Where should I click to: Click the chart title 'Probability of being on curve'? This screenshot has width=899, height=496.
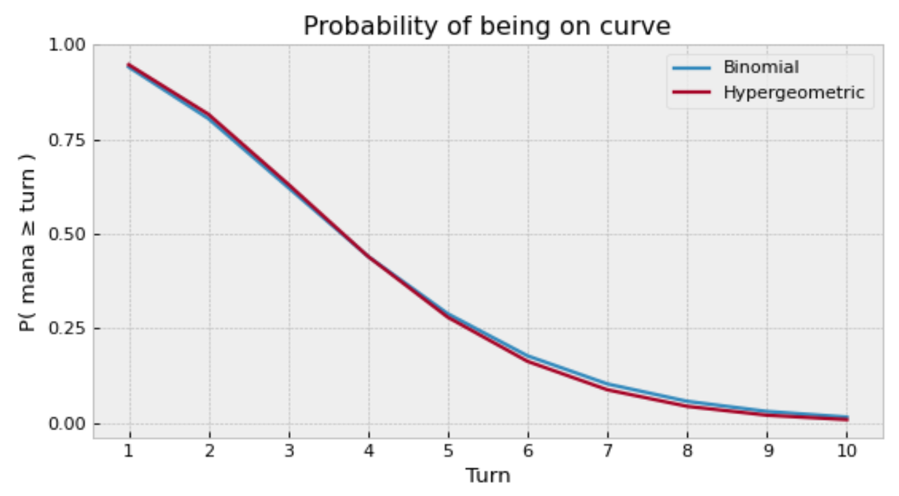[x=487, y=26]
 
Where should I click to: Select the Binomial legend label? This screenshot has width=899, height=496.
[x=760, y=67]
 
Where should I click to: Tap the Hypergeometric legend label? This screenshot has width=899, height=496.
[x=793, y=93]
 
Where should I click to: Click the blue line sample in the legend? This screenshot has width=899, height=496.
[x=691, y=67]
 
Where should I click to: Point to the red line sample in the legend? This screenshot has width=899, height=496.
[x=691, y=93]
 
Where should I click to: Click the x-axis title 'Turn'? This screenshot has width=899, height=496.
[x=487, y=475]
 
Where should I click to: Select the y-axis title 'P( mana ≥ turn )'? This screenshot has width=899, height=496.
[x=27, y=234]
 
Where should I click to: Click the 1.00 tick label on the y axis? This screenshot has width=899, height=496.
[x=68, y=46]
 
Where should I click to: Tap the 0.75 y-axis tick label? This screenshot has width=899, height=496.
[x=68, y=141]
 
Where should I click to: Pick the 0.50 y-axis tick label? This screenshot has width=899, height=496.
[x=68, y=235]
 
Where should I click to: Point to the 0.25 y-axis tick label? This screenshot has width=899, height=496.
[x=68, y=329]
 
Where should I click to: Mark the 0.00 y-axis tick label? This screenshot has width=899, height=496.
[x=68, y=423]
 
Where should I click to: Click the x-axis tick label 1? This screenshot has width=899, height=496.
[x=129, y=451]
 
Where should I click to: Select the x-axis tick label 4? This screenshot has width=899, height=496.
[x=368, y=451]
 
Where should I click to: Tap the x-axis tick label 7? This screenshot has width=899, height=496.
[x=608, y=451]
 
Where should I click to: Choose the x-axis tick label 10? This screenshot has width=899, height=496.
[x=847, y=451]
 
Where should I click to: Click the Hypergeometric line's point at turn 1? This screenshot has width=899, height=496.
[x=129, y=65]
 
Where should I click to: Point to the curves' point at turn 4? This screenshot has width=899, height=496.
[x=368, y=257]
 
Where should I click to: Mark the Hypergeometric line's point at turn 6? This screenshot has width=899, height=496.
[x=528, y=361]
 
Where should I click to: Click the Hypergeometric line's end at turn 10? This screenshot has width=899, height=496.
[x=847, y=419]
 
